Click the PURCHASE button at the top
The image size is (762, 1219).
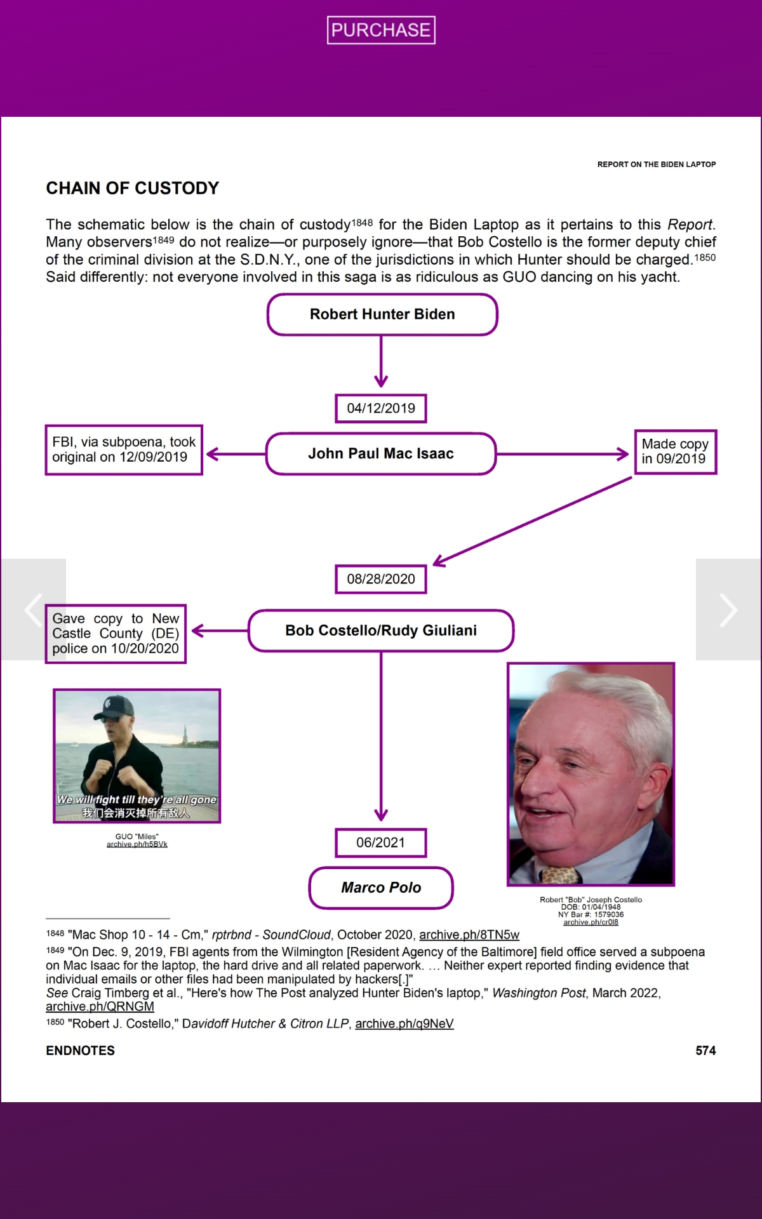(x=381, y=30)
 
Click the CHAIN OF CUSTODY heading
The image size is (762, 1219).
(x=132, y=188)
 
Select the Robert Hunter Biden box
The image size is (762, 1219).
(x=382, y=314)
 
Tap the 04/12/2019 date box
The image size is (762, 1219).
(x=381, y=408)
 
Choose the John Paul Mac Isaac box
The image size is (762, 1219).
(x=381, y=454)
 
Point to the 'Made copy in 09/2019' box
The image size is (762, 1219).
(x=675, y=451)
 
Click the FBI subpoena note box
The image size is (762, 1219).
(x=124, y=450)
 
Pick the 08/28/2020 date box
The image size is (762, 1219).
(x=381, y=579)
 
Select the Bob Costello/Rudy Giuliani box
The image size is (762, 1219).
(x=381, y=630)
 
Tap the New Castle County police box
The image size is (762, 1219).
(x=116, y=634)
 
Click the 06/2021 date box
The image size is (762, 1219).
(x=381, y=843)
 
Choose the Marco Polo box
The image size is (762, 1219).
(x=381, y=888)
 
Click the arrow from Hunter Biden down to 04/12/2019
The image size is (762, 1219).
(x=381, y=362)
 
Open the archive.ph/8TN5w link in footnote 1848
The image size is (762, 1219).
(x=469, y=935)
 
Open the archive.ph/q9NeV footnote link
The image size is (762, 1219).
(x=404, y=1023)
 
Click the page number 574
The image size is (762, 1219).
(x=705, y=1051)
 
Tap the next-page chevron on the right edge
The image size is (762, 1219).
(x=728, y=609)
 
